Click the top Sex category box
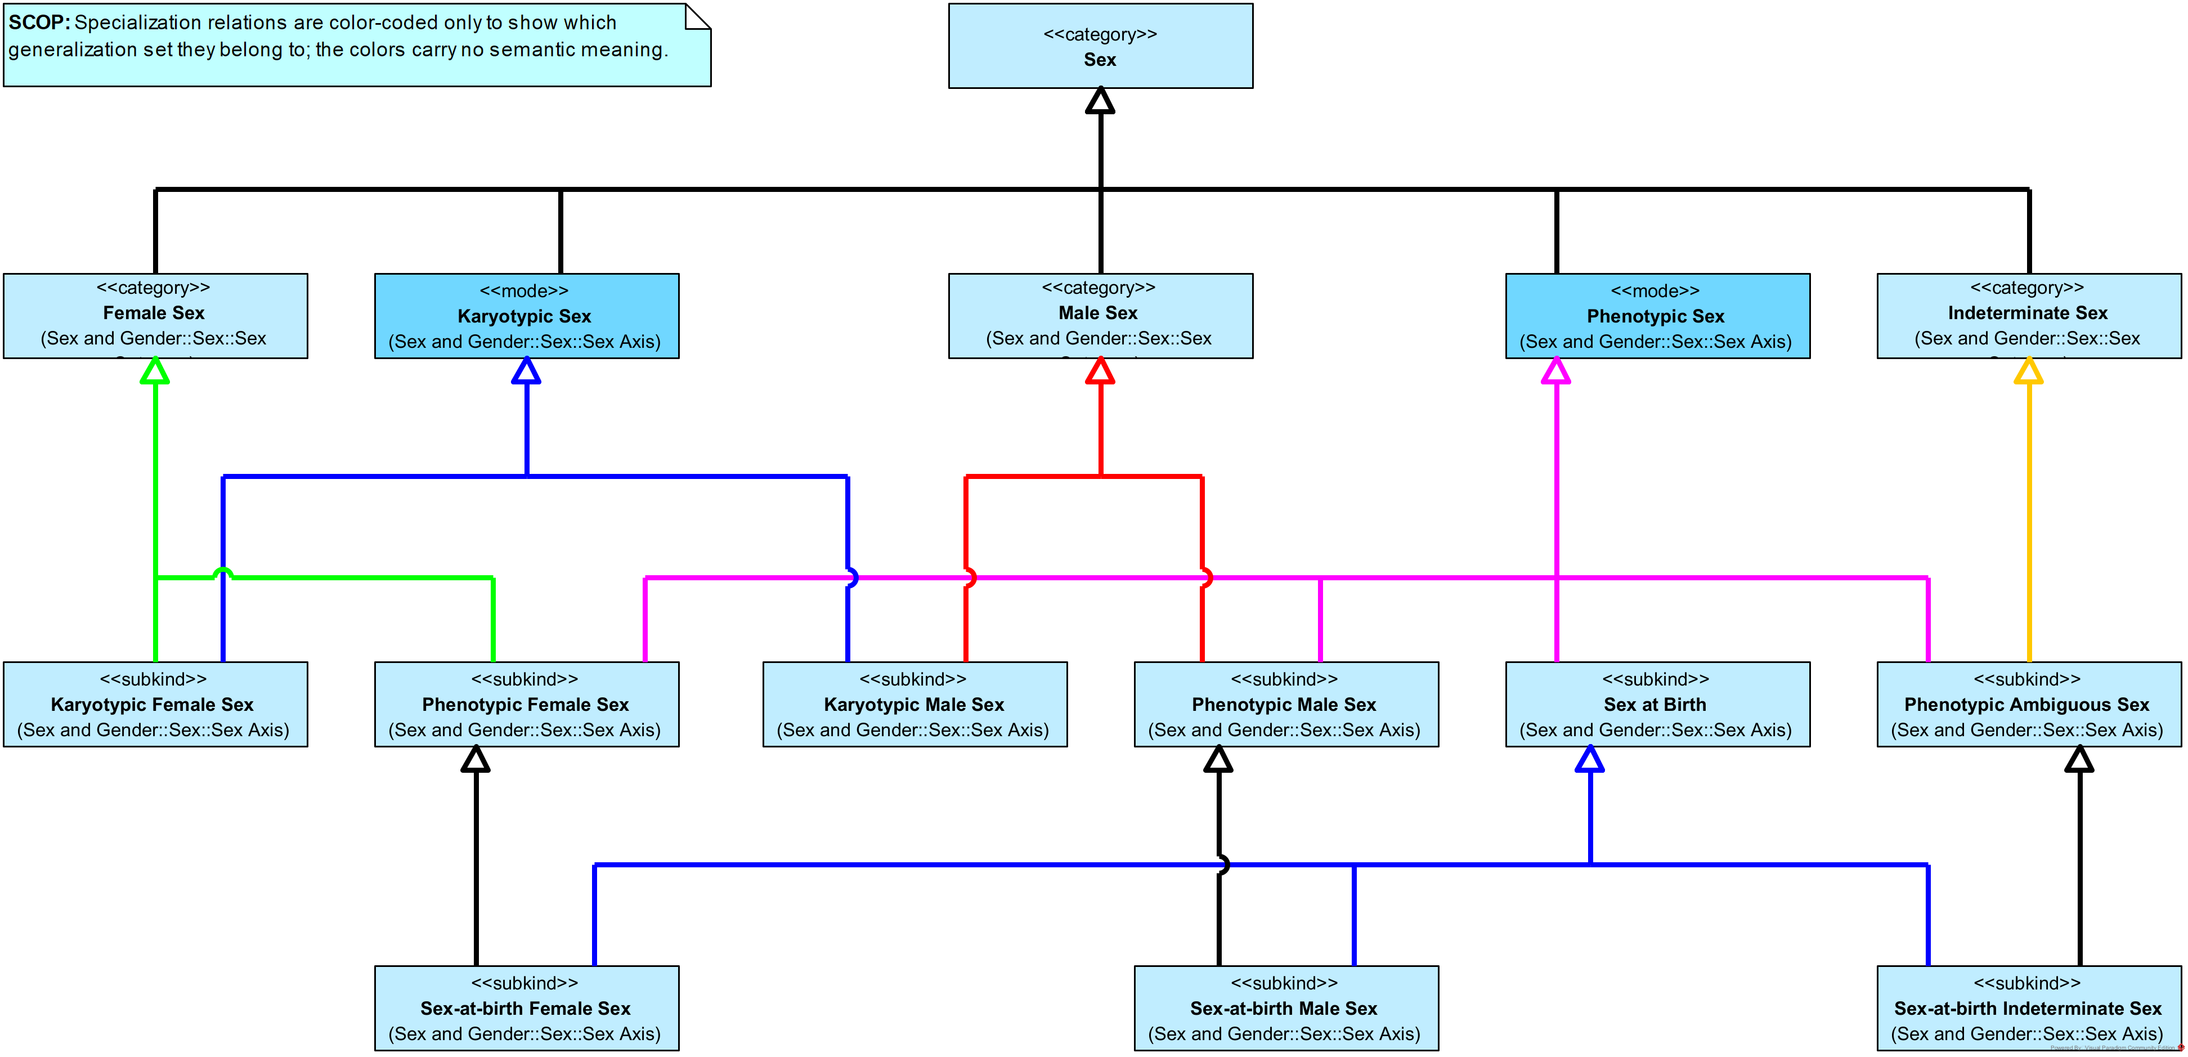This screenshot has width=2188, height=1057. pos(1100,46)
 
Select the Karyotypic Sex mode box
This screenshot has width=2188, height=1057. pos(527,316)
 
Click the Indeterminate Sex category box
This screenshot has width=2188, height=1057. pos(2028,316)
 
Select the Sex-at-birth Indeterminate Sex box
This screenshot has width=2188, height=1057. pos(2028,1009)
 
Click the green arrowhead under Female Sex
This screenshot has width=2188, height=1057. pos(155,371)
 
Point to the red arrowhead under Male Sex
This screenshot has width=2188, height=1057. pos(1100,371)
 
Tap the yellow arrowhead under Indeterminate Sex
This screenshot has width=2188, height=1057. pos(2028,371)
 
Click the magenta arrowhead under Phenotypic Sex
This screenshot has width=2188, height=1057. pos(1556,371)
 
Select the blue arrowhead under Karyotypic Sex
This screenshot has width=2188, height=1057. pos(527,371)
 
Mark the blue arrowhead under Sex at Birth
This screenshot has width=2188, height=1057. pos(1589,760)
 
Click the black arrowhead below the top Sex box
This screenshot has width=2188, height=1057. pos(1100,101)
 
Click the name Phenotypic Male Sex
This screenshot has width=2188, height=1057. pos(1284,704)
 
